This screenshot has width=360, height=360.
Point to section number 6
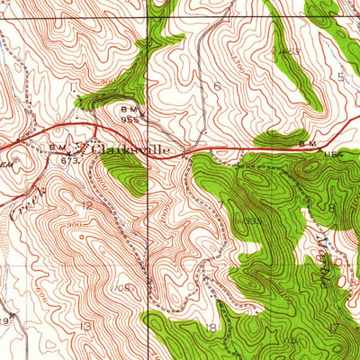(217, 85)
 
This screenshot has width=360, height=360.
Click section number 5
(340, 76)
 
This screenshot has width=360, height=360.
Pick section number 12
(86, 205)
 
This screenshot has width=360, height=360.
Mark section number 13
(86, 326)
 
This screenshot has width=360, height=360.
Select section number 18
(212, 328)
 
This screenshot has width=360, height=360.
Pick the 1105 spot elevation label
(122, 287)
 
